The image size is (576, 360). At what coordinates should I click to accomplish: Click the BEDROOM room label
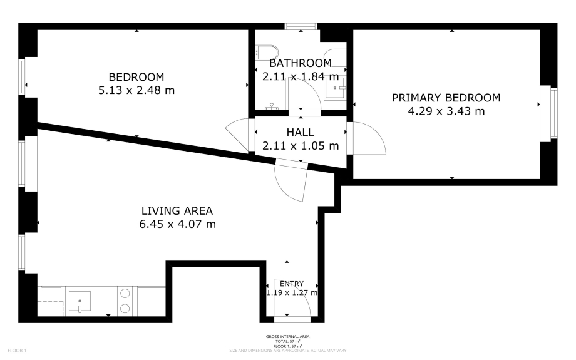(x=136, y=77)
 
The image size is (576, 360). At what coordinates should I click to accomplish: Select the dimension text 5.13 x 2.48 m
(x=136, y=90)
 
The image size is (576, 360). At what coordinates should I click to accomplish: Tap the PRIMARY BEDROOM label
(x=446, y=98)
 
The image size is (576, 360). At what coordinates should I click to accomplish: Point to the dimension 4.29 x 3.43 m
(x=446, y=111)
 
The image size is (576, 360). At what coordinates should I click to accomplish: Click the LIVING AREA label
(x=177, y=210)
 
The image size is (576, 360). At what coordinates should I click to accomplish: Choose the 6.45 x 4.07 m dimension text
(x=177, y=224)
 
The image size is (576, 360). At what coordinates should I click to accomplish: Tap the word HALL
(x=300, y=133)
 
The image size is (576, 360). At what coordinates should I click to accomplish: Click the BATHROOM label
(x=300, y=63)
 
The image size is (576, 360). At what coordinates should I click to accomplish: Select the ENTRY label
(x=291, y=284)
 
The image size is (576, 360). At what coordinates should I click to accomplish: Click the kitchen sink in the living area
(x=80, y=301)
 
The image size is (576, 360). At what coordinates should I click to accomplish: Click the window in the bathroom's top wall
(x=301, y=26)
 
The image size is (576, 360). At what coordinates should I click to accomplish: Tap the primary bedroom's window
(x=553, y=113)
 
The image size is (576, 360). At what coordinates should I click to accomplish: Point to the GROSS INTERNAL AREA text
(x=287, y=337)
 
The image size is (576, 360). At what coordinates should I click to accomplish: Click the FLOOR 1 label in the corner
(x=17, y=351)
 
